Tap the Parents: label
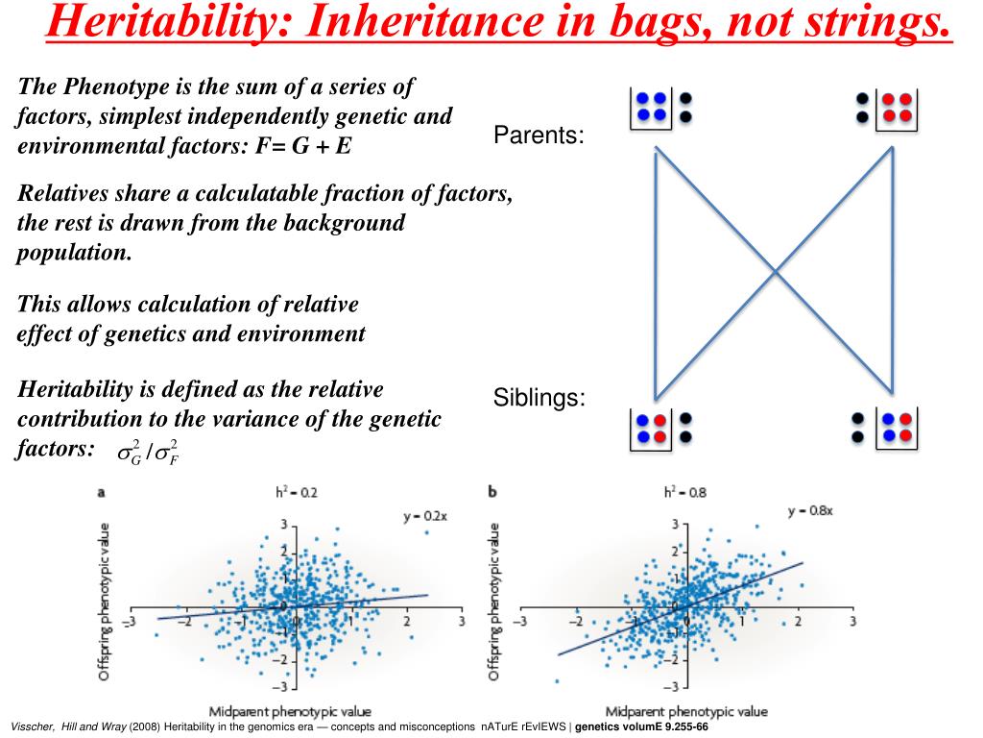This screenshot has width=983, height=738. click(x=539, y=135)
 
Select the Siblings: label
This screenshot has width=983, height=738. click(x=539, y=397)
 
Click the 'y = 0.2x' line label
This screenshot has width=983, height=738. click(x=426, y=517)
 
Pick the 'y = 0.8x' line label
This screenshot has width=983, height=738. click(x=811, y=511)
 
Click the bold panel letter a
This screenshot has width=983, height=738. click(x=102, y=493)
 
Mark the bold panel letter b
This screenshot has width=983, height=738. click(x=492, y=493)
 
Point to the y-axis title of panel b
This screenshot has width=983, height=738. click(x=495, y=603)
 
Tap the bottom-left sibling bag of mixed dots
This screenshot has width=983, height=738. click(x=651, y=428)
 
